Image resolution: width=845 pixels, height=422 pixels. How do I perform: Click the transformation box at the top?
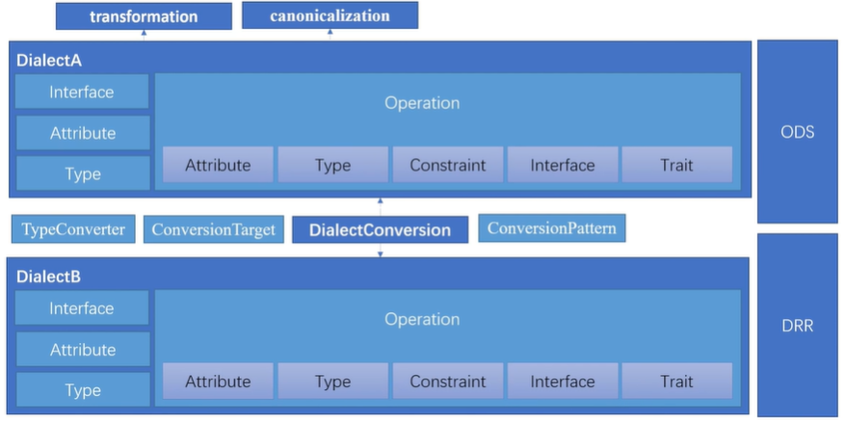click(x=144, y=16)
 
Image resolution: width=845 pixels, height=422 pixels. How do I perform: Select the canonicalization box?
click(x=330, y=15)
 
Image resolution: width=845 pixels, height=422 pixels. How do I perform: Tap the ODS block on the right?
click(x=797, y=132)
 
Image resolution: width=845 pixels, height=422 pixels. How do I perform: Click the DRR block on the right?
click(x=797, y=326)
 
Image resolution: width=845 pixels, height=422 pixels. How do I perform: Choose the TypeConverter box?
click(x=74, y=229)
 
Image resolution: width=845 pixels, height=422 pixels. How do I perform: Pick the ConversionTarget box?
click(x=214, y=230)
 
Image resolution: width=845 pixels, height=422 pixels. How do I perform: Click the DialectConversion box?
click(x=380, y=230)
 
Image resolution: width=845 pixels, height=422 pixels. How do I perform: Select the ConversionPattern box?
click(x=552, y=228)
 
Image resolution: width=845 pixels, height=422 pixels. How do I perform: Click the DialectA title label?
click(x=49, y=60)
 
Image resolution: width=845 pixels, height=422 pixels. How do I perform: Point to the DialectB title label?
click(x=49, y=277)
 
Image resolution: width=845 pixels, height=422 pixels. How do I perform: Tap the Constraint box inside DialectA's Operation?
click(x=447, y=165)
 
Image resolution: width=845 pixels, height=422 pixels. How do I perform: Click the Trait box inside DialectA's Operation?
click(x=676, y=165)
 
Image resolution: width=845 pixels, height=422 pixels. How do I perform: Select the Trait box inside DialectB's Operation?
click(x=676, y=382)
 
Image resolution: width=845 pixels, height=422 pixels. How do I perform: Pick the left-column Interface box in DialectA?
click(x=82, y=92)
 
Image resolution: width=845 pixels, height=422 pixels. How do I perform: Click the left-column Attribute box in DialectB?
click(x=82, y=350)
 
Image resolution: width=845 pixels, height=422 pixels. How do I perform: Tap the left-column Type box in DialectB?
click(x=82, y=390)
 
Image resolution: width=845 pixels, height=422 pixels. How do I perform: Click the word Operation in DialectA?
click(x=422, y=103)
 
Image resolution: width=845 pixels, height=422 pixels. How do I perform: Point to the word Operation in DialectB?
click(x=422, y=320)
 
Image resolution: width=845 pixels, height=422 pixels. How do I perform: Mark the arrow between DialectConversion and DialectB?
click(x=381, y=251)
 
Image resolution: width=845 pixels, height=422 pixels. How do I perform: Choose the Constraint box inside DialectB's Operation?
click(x=447, y=382)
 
